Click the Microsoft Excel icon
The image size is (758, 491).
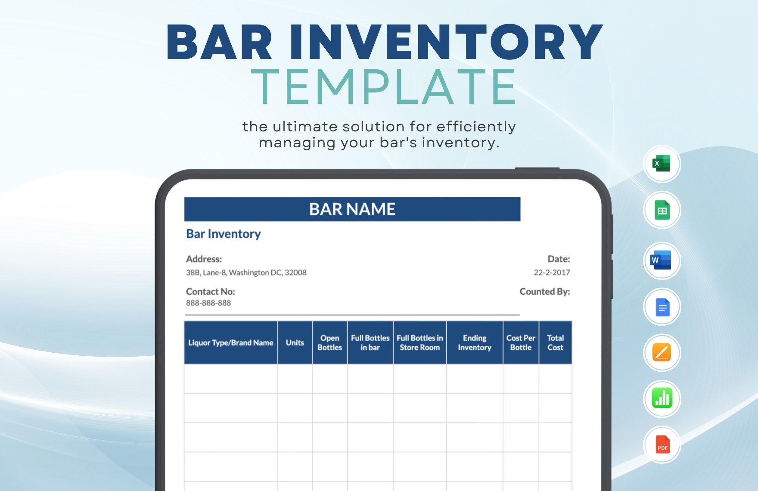pos(662,164)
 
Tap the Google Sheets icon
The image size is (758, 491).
pos(662,210)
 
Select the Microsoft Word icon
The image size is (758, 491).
pos(662,260)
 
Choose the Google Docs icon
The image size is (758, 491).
pos(662,307)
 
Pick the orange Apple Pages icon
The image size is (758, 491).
pos(662,353)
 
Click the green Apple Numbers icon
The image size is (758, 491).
pos(662,398)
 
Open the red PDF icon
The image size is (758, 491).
pos(662,444)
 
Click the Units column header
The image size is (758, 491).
pos(295,343)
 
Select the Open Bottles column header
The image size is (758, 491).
pos(329,343)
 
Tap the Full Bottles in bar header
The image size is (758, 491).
pos(370,343)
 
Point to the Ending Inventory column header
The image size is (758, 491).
pos(474,343)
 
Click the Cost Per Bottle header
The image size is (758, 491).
pos(521,343)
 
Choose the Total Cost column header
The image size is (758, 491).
pos(555,343)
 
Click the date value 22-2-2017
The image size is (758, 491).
pos(552,273)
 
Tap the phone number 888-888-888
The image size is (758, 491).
pos(208,303)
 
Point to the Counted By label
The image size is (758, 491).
pos(544,292)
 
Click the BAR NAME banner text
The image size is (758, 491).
pos(352,209)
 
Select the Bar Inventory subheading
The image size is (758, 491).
pos(224,234)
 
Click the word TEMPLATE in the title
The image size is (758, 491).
pos(383,87)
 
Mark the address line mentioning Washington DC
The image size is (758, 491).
pos(246,273)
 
